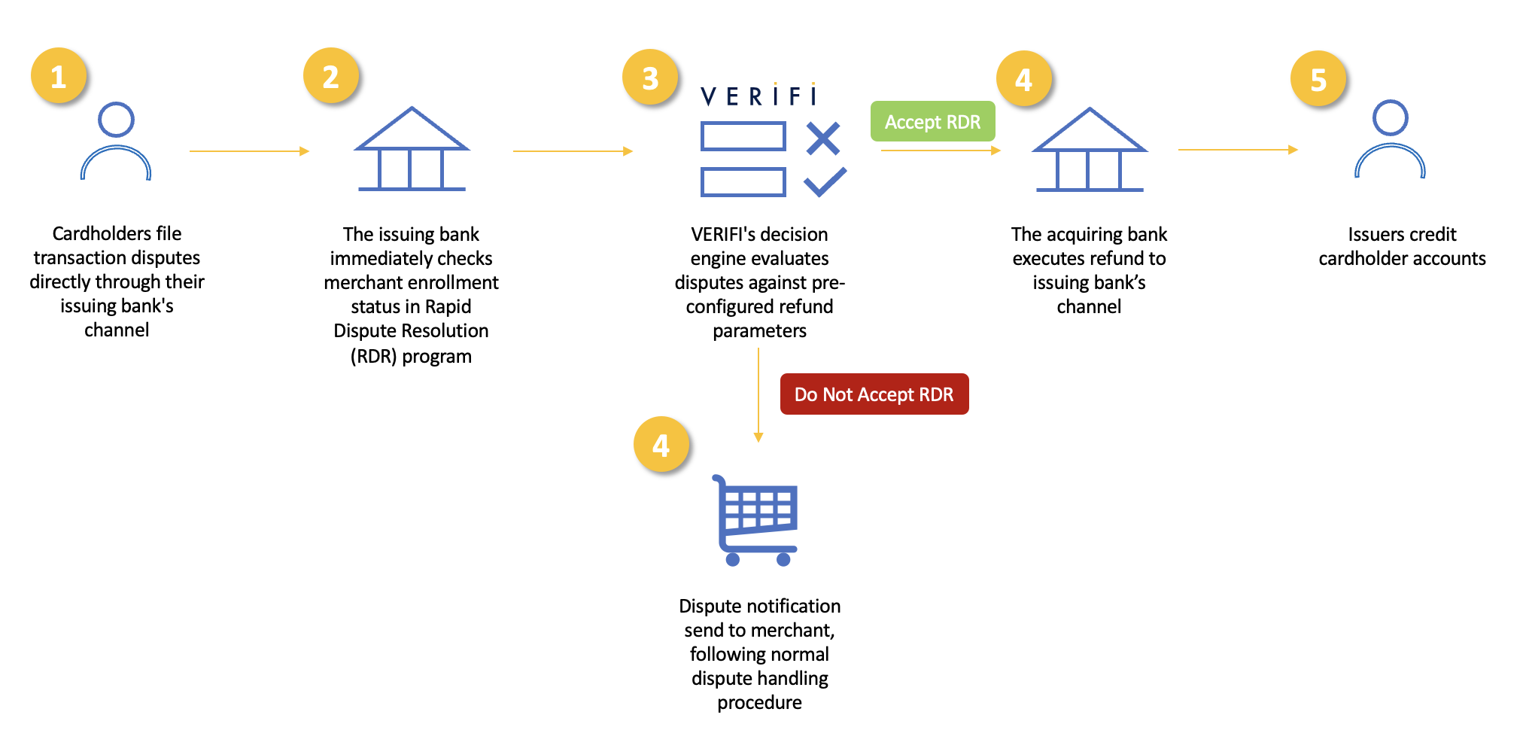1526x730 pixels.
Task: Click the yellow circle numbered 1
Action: pyautogui.click(x=59, y=76)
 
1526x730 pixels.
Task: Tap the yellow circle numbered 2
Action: pyautogui.click(x=331, y=76)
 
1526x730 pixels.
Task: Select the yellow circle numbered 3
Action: pyautogui.click(x=650, y=78)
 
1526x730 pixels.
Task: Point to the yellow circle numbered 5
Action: pyautogui.click(x=1318, y=79)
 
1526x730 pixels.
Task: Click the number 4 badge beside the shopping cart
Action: pyautogui.click(x=661, y=445)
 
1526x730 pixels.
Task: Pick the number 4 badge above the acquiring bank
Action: pyautogui.click(x=1023, y=79)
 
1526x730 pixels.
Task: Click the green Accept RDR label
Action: pyautogui.click(x=932, y=122)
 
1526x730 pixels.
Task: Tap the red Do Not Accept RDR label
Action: pyautogui.click(x=874, y=394)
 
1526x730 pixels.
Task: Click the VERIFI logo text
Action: pyautogui.click(x=758, y=96)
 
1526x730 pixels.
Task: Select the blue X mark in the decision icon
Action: pyautogui.click(x=822, y=138)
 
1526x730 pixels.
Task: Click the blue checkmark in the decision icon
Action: pyautogui.click(x=825, y=182)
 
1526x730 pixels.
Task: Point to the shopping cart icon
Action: pyautogui.click(x=755, y=521)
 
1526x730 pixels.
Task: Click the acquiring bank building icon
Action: pyautogui.click(x=1089, y=150)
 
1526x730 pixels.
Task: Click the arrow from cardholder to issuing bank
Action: pyautogui.click(x=249, y=151)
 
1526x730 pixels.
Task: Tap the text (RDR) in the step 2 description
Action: pyautogui.click(x=373, y=356)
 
